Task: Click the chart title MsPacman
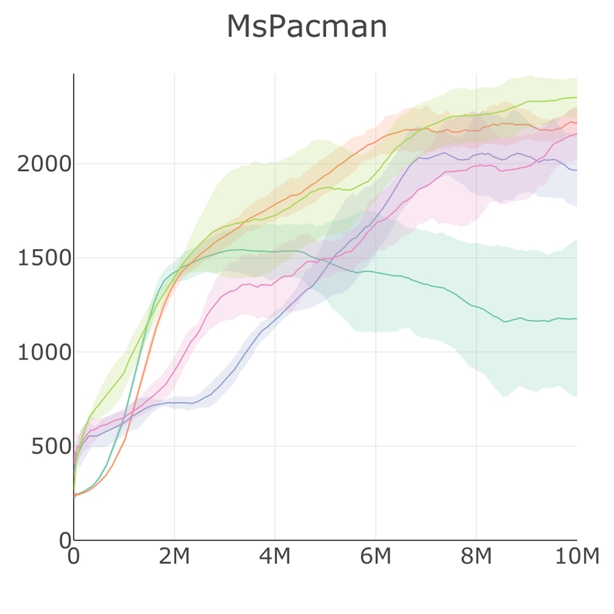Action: coord(307,27)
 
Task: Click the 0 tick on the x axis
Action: coord(74,557)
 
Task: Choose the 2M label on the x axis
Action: coord(174,557)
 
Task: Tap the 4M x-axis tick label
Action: coord(275,557)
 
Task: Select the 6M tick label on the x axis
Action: coord(375,557)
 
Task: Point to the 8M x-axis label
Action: coord(476,557)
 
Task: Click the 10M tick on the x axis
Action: coord(576,557)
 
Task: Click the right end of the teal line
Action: coord(576,319)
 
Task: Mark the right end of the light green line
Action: coord(576,97)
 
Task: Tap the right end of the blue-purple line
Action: coord(576,170)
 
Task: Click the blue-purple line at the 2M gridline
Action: coord(174,403)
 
